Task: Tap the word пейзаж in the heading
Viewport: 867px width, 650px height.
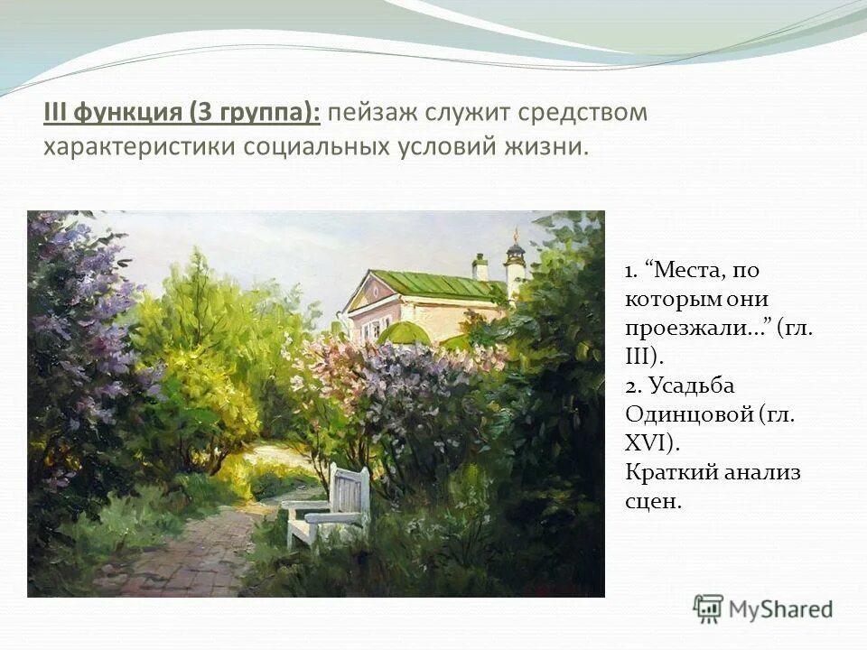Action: [x=370, y=113]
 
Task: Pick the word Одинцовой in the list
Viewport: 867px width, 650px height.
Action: [x=688, y=414]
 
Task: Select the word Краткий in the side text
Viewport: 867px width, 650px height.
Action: [x=671, y=472]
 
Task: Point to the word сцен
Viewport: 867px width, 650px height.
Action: [x=652, y=501]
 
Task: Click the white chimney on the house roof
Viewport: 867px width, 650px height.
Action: [x=480, y=266]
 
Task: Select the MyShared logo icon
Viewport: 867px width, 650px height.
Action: [x=708, y=609]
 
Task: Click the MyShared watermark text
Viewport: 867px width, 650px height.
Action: [x=781, y=610]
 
